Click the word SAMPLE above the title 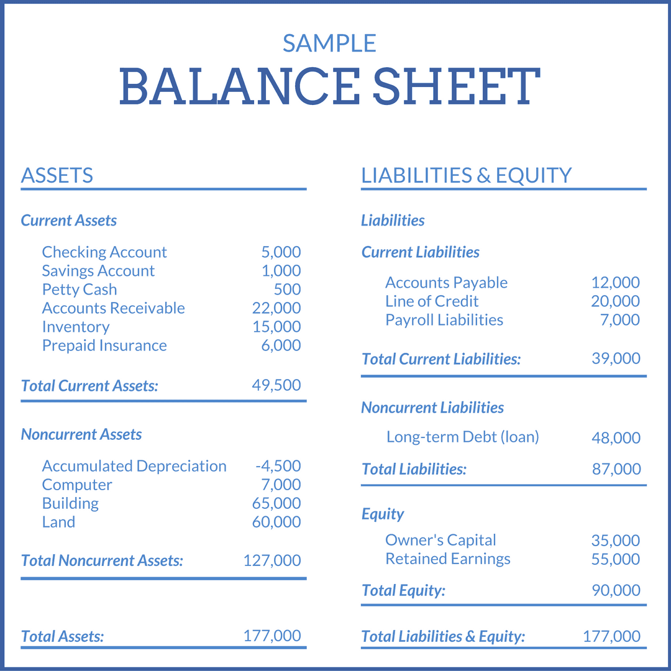click(x=329, y=43)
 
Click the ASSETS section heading click(x=57, y=176)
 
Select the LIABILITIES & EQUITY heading click(x=466, y=176)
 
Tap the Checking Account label click(x=104, y=252)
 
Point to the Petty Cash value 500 click(x=287, y=290)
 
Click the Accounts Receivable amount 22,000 click(x=276, y=308)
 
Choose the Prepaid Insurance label click(x=104, y=345)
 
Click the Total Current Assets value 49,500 click(x=276, y=385)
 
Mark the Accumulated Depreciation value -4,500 click(x=278, y=466)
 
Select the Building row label click(x=70, y=503)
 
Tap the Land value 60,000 click(x=276, y=522)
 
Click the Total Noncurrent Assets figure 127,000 click(x=272, y=560)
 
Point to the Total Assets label click(x=62, y=636)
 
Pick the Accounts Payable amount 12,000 click(x=615, y=283)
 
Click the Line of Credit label click(x=432, y=301)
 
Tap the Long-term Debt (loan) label click(x=462, y=437)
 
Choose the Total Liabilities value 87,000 click(x=616, y=469)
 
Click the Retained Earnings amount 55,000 click(x=616, y=559)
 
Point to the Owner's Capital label click(x=440, y=541)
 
